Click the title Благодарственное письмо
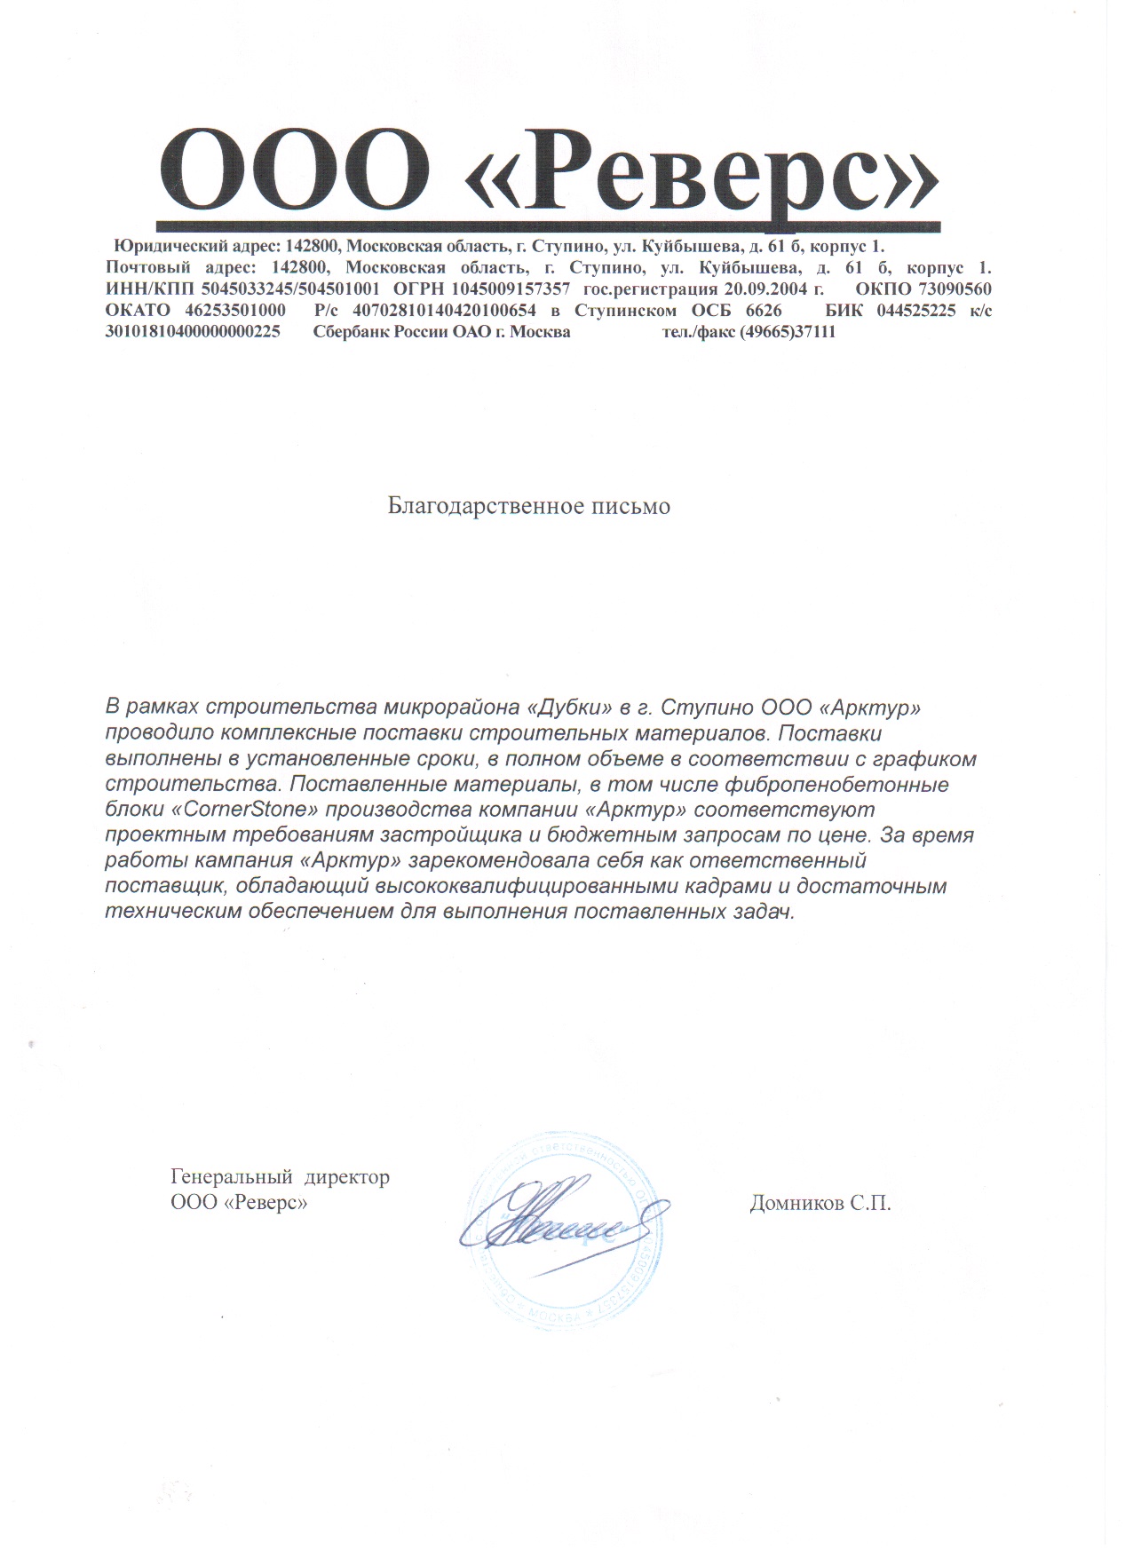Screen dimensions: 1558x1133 [x=529, y=506]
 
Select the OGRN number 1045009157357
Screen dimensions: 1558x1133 [x=511, y=289]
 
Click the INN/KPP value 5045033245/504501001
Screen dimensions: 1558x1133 [x=291, y=289]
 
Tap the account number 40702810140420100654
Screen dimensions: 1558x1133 [x=445, y=311]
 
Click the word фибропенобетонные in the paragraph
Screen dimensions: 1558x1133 [x=837, y=785]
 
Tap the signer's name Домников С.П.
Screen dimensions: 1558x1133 [x=820, y=1204]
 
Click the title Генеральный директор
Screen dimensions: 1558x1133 [x=280, y=1178]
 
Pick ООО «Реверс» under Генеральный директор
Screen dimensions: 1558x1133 [x=239, y=1204]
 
